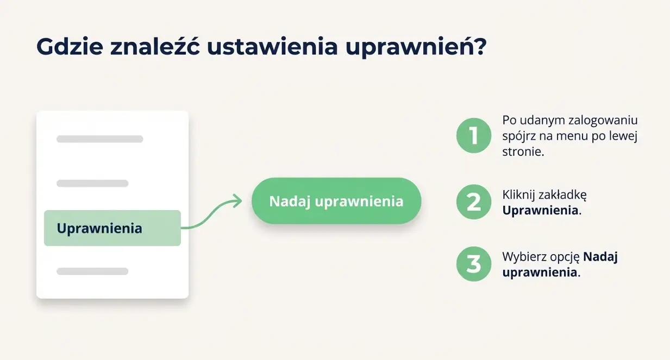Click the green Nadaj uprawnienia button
click(x=336, y=201)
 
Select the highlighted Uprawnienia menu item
click(x=112, y=228)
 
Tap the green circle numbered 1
click(x=474, y=135)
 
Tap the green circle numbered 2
click(x=474, y=202)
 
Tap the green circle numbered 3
click(x=474, y=264)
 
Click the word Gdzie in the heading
click(x=70, y=47)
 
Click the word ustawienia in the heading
click(x=272, y=47)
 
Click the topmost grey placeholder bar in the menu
click(x=100, y=139)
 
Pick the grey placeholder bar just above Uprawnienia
click(x=92, y=184)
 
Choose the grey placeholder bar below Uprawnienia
click(x=92, y=271)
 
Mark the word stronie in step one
click(x=523, y=151)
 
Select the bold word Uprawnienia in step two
click(x=540, y=211)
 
